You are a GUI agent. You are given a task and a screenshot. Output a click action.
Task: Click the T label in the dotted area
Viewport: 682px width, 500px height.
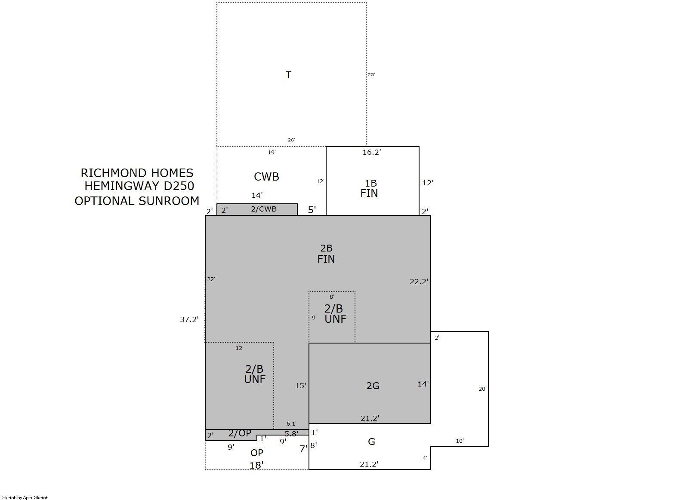[x=288, y=75]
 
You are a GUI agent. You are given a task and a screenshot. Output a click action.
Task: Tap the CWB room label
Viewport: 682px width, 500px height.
[x=266, y=177]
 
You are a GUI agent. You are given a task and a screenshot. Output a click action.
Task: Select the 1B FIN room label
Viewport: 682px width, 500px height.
[x=369, y=188]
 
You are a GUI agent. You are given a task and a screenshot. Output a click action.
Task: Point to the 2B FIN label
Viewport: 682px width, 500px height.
[x=326, y=254]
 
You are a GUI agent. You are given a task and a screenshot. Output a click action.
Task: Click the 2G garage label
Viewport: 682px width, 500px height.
[x=373, y=386]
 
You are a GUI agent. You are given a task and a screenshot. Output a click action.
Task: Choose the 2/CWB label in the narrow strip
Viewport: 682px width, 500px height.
[x=264, y=209]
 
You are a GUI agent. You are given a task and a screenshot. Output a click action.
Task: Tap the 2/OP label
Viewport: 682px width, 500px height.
[x=240, y=433]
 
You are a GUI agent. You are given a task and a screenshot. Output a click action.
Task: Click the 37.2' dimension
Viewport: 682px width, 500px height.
[x=189, y=319]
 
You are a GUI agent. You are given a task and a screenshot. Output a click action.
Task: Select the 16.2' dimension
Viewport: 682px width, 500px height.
[x=372, y=152]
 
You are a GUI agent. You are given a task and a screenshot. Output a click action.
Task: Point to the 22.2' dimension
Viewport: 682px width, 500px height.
[x=419, y=282]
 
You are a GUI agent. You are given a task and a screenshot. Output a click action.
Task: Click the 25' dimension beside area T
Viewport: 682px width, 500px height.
[x=371, y=74]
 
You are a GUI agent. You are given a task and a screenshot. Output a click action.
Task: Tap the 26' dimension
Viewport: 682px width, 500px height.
[x=291, y=140]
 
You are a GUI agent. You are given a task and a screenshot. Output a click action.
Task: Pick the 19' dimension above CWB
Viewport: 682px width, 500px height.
[x=272, y=152]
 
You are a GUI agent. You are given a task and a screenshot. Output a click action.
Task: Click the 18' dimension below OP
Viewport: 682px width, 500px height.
[x=256, y=465]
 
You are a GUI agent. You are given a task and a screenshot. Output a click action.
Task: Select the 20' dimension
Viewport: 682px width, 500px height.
[x=483, y=389]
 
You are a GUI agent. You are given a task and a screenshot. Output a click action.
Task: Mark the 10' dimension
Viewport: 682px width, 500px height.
[x=460, y=441]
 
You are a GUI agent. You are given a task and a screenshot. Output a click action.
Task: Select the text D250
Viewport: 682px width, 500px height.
[x=179, y=186]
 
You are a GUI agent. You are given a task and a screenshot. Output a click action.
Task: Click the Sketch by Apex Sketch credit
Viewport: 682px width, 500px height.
[x=25, y=497]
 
